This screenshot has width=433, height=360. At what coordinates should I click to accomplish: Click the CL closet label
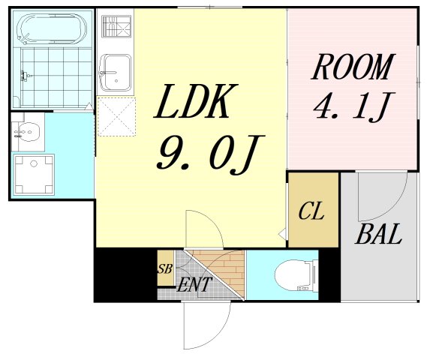tap(311, 211)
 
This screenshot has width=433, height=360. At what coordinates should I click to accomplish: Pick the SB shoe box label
tap(164, 268)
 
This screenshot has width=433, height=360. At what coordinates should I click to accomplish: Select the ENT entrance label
tap(194, 285)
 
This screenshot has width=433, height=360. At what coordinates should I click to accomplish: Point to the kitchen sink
tap(116, 73)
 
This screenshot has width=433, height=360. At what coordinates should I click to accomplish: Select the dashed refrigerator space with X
tap(116, 116)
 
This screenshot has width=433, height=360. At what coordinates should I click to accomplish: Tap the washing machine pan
tap(32, 175)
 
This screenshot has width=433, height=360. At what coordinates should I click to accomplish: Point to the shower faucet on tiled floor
tap(26, 76)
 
